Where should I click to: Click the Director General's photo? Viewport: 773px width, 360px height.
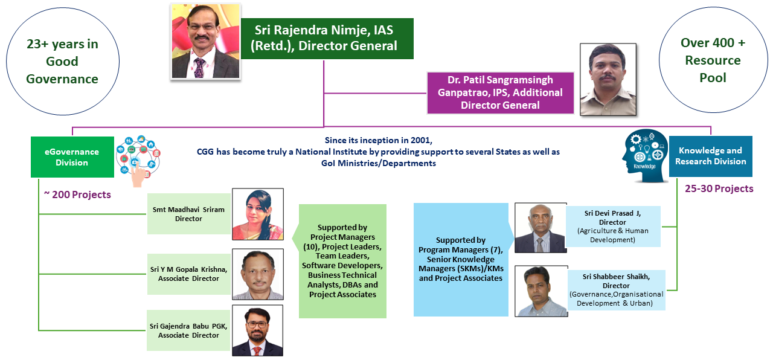click(x=206, y=41)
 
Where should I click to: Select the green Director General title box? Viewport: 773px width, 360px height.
click(x=327, y=38)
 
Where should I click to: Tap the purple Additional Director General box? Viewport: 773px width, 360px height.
click(x=501, y=93)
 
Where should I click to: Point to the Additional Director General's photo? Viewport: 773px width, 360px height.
click(x=608, y=79)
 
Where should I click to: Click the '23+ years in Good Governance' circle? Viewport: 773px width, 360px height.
click(x=62, y=62)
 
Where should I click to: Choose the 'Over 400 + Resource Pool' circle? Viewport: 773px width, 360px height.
click(x=713, y=60)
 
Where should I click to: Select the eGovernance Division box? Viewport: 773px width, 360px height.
click(x=72, y=157)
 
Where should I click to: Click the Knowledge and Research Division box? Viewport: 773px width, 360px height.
click(x=711, y=156)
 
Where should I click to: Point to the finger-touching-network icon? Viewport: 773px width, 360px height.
click(x=138, y=161)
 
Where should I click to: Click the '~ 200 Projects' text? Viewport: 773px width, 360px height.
click(x=77, y=194)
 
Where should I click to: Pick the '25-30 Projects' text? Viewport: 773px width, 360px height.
click(x=719, y=188)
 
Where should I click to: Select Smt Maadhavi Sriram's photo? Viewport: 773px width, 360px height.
click(x=258, y=214)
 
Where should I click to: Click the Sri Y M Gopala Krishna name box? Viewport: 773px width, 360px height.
click(x=189, y=274)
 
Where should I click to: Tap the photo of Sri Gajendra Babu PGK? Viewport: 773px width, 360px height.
click(x=257, y=330)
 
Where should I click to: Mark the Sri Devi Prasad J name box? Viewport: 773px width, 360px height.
click(x=613, y=227)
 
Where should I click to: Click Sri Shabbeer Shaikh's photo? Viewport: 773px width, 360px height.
click(x=541, y=291)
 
